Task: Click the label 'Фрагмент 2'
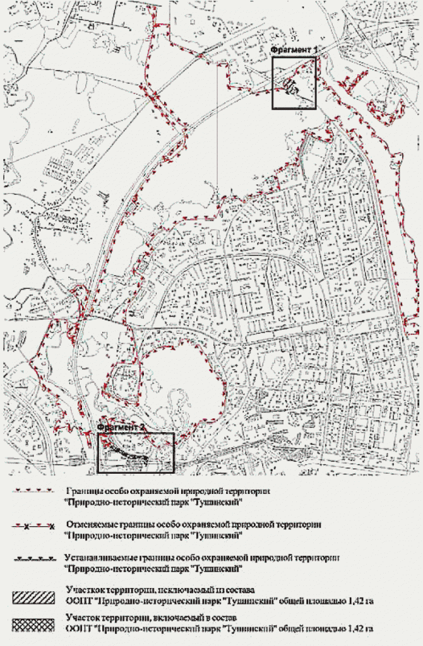[x=122, y=427]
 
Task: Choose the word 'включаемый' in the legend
[x=176, y=619]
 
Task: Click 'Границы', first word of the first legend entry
[x=83, y=490]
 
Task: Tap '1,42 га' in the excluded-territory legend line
[x=359, y=601]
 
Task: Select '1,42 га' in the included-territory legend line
[x=359, y=628]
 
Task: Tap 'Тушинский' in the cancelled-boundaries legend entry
[x=215, y=535]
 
